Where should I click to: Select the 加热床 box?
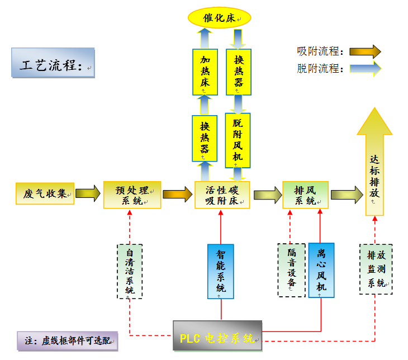coord(204,70)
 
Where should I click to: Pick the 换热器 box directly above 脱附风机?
coord(238,70)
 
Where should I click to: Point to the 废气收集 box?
coord(45,194)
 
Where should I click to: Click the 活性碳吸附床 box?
coord(222,195)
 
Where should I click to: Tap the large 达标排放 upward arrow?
coord(374,168)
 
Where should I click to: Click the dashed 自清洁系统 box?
coord(130,271)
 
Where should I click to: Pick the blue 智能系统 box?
coord(221,271)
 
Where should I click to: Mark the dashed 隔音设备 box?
coord(291,269)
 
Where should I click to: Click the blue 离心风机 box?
coord(321,270)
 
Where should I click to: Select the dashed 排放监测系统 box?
coord(375,269)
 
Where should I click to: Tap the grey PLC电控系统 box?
coord(217,335)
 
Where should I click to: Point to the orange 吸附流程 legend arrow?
coord(365,51)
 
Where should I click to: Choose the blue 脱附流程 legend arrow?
coord(365,69)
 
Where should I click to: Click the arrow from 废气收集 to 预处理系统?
coord(88,194)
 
